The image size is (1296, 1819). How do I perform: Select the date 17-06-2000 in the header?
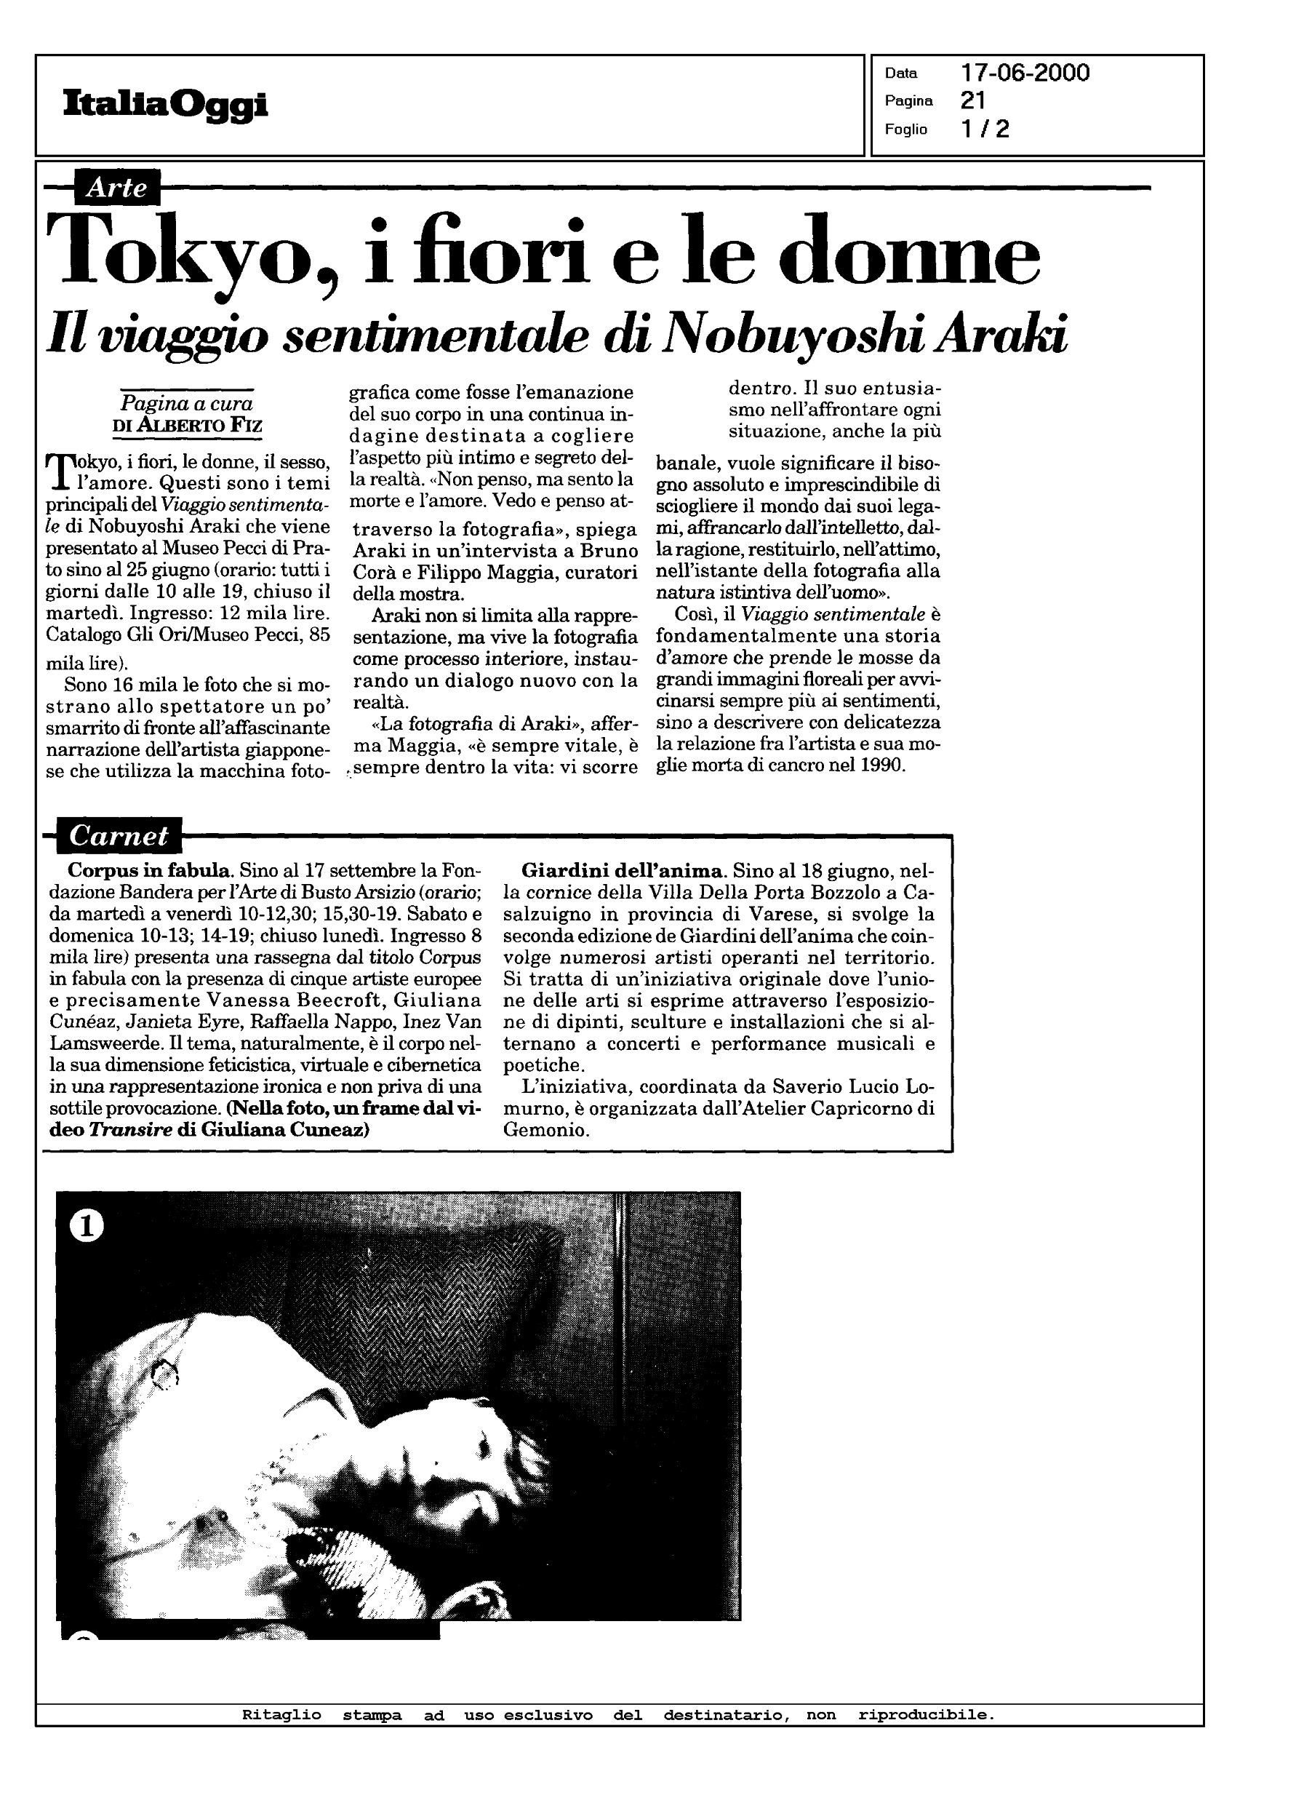click(x=1025, y=73)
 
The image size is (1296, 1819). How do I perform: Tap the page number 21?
click(x=973, y=100)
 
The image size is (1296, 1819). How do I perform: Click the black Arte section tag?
click(x=116, y=188)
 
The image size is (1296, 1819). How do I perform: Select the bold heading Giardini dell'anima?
click(x=623, y=870)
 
